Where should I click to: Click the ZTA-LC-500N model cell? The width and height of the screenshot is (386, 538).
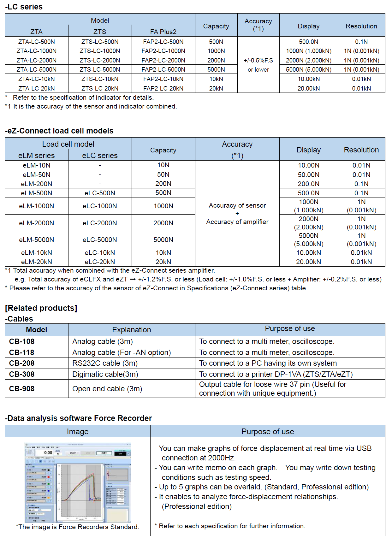tap(37, 42)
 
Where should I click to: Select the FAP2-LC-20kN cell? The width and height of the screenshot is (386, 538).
tap(163, 88)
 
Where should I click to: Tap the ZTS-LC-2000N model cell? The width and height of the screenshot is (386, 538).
tap(100, 60)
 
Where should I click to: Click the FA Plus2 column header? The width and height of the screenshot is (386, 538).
tap(163, 32)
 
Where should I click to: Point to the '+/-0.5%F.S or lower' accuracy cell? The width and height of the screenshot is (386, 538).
tap(258, 65)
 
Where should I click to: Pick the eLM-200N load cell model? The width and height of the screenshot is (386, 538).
tap(37, 184)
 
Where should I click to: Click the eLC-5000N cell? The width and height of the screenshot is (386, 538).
tap(100, 240)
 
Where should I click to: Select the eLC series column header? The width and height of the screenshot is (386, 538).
tap(100, 155)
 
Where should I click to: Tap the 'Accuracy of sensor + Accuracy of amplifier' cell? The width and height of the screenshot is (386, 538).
tap(237, 214)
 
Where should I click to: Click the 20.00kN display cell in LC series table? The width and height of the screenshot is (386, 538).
tap(308, 88)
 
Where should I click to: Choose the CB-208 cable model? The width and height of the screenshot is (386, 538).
tap(22, 363)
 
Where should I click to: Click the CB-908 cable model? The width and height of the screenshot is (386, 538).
tap(22, 389)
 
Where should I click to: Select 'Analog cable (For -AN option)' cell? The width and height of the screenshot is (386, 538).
tap(122, 352)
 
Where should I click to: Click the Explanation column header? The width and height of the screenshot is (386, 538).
tap(132, 330)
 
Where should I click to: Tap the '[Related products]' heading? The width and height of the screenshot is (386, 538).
tap(41, 308)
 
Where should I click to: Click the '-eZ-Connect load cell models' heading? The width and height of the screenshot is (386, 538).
tap(59, 131)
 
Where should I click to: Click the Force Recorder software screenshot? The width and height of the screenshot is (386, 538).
tap(78, 482)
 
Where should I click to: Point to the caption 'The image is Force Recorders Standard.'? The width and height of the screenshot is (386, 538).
tap(78, 527)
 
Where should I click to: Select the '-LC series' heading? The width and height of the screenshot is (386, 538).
tap(24, 7)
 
